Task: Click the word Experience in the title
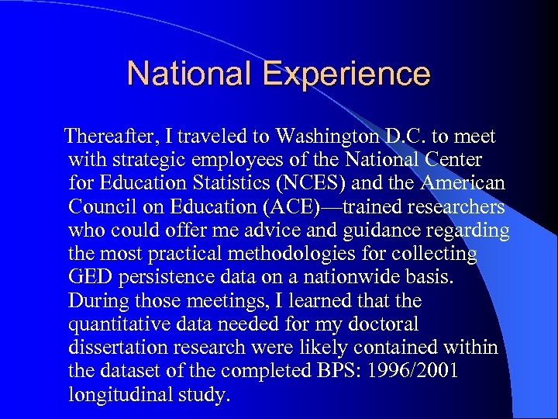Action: tap(346, 74)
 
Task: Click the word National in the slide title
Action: tap(189, 74)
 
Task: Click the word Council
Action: tap(98, 207)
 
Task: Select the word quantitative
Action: tap(116, 324)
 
